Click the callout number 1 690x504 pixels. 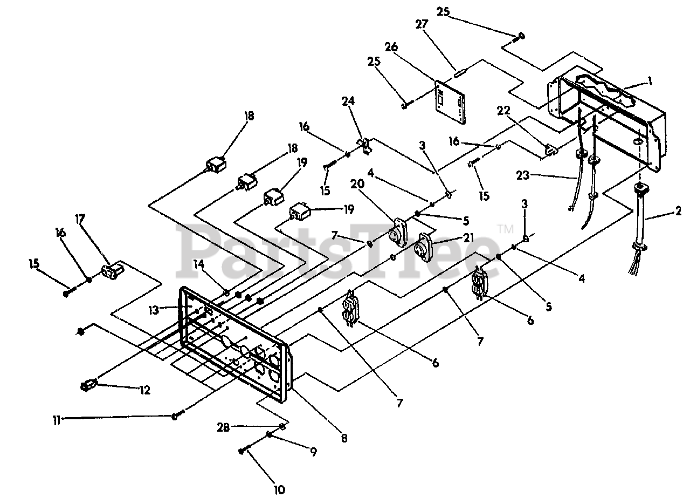click(x=650, y=81)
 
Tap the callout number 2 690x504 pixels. click(x=678, y=211)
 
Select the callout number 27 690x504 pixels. click(x=422, y=24)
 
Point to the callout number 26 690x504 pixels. click(x=391, y=47)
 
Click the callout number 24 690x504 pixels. click(x=348, y=101)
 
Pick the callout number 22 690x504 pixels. click(x=503, y=111)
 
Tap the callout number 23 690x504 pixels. click(x=523, y=175)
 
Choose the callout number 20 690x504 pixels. click(x=357, y=184)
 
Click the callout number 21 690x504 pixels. click(x=468, y=237)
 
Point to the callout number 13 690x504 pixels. click(x=154, y=310)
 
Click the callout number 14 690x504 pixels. click(x=199, y=264)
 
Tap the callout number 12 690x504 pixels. click(x=145, y=390)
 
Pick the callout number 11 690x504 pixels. click(x=57, y=420)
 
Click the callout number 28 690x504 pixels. click(x=223, y=427)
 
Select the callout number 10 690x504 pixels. click(x=279, y=489)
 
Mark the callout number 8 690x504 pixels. click(x=344, y=438)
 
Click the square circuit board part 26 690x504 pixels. click(x=450, y=102)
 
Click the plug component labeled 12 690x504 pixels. click(x=89, y=386)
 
